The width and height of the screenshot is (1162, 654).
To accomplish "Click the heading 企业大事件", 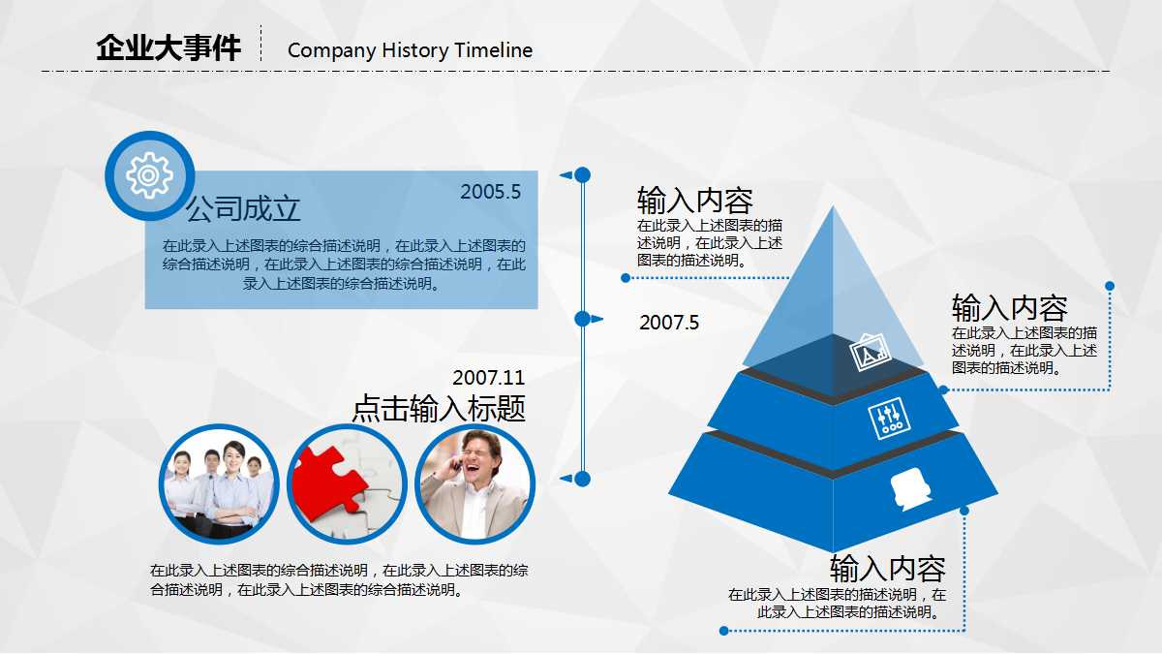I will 168,47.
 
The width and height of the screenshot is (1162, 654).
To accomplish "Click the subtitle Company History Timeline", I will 410,50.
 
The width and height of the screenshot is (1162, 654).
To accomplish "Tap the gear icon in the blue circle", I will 149,175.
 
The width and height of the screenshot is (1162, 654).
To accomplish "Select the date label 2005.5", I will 490,192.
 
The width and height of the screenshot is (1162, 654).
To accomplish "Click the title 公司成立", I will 243,208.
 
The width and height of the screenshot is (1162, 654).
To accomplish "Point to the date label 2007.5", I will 668,323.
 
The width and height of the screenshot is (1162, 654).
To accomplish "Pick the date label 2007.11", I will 488,378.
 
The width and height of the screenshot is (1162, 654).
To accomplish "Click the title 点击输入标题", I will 439,408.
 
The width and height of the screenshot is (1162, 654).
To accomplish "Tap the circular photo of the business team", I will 219,483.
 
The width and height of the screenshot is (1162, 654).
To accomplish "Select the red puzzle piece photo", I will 347,483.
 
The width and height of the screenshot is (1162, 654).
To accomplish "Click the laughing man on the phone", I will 474,483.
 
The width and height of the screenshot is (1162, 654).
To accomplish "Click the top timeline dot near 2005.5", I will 582,174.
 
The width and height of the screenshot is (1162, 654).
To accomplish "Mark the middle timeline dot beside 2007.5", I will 582,319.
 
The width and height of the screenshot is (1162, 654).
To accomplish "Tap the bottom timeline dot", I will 582,479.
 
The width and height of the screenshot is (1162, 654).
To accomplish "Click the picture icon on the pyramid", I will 870,352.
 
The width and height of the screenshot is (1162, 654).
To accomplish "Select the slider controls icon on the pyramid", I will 889,418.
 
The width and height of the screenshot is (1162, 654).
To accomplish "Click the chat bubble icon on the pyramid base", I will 910,488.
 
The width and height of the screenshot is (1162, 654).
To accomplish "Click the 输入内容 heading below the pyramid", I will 887,568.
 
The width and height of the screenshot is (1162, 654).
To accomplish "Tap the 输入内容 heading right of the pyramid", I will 1009,308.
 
